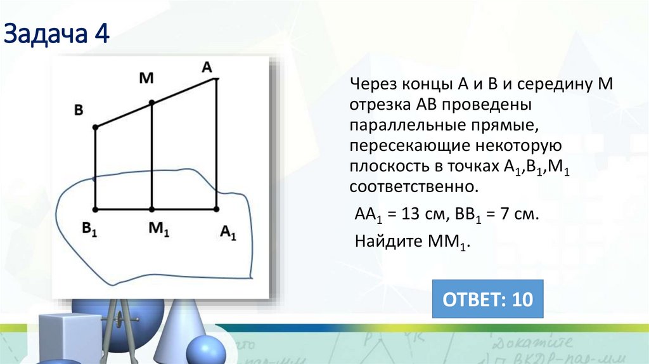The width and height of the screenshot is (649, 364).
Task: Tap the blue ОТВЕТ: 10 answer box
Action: coord(487,298)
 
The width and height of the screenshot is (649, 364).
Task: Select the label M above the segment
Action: coord(146,78)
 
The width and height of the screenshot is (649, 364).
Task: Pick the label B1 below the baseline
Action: coord(88,229)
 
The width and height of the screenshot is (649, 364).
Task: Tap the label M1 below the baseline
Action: coord(158,230)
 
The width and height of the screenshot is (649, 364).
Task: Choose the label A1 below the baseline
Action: coord(228,233)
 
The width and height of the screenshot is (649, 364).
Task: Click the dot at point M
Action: coord(151,103)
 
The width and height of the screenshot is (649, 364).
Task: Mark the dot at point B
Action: coord(95,127)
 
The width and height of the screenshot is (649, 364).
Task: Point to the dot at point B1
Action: coord(95,209)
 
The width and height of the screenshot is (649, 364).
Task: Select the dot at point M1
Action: coord(151,209)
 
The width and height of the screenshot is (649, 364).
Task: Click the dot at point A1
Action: coord(216,209)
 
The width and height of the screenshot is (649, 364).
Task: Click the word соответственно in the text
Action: coord(411,188)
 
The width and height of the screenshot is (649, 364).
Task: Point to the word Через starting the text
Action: coord(372,84)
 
